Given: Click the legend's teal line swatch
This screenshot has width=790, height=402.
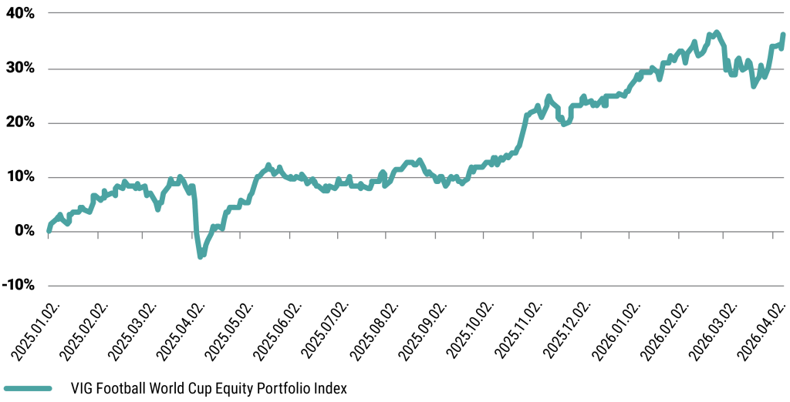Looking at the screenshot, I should click(x=28, y=389).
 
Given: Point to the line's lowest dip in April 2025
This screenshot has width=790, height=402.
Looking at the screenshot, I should click(x=201, y=256).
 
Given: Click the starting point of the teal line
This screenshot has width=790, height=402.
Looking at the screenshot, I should click(x=49, y=229).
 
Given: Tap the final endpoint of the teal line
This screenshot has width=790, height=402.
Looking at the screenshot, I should click(x=784, y=35).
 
